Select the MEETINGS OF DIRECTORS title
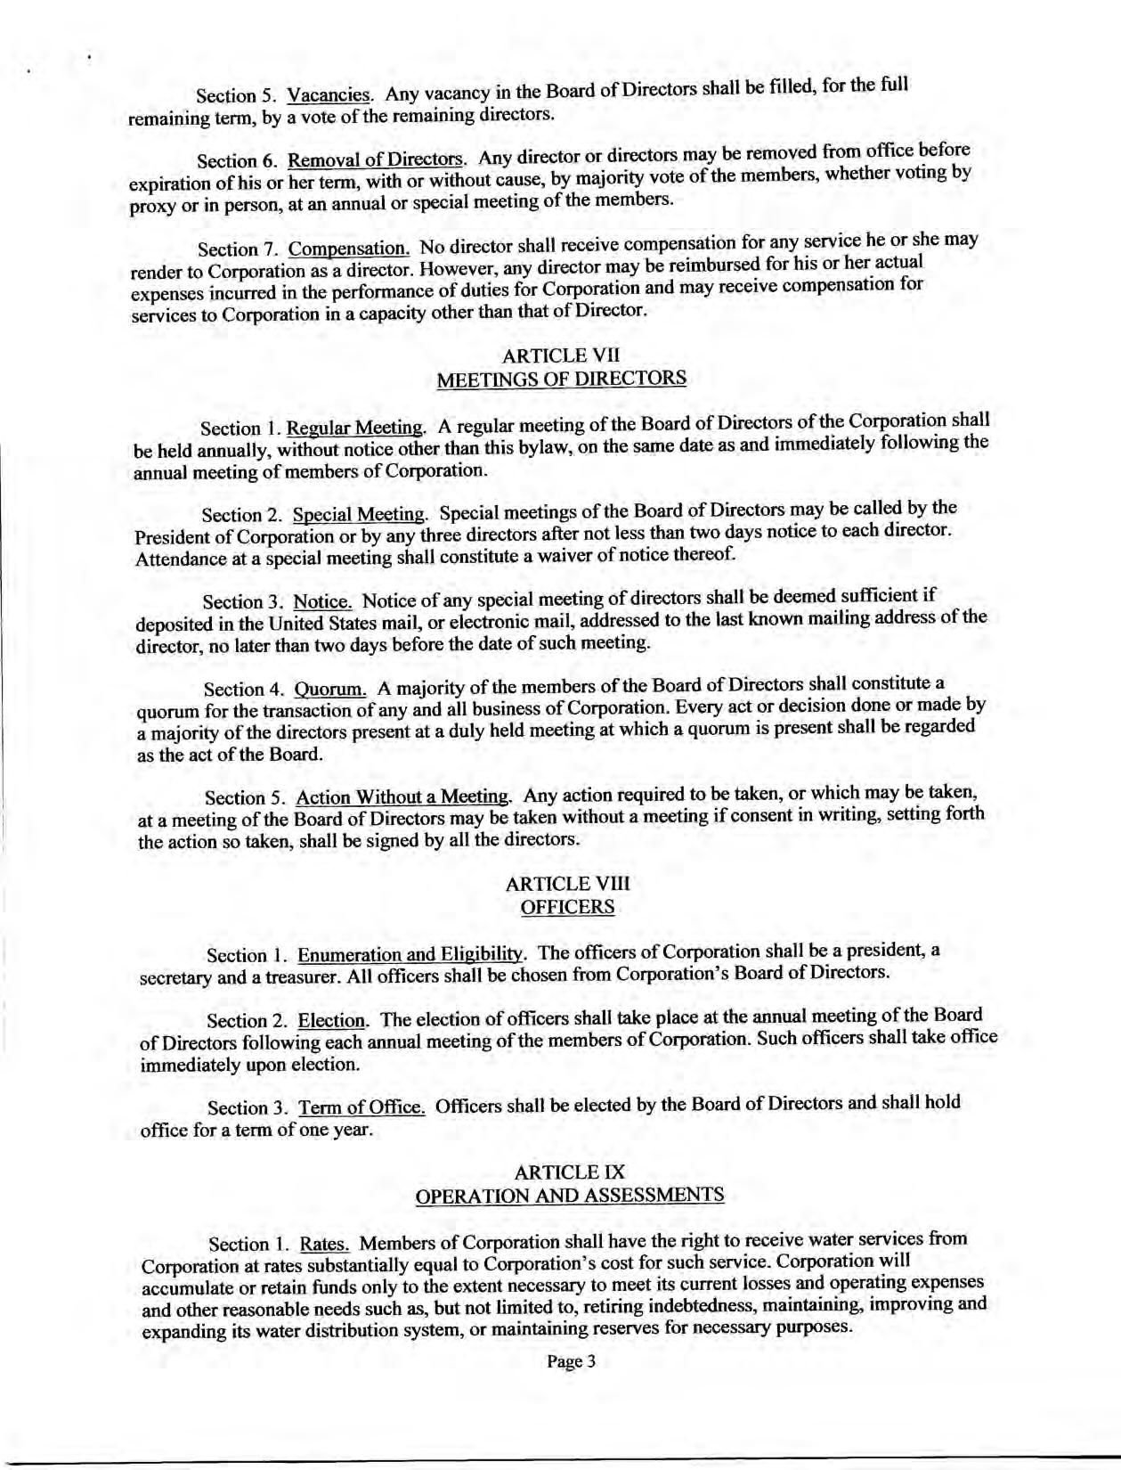click(x=561, y=379)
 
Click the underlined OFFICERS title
click(x=567, y=907)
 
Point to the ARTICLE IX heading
click(x=570, y=1172)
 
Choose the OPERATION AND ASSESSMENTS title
click(x=570, y=1195)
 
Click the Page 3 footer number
click(x=570, y=1361)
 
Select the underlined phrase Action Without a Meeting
click(x=403, y=796)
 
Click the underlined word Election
click(x=331, y=1020)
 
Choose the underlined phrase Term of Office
click(x=361, y=1107)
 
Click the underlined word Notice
click(x=323, y=601)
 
